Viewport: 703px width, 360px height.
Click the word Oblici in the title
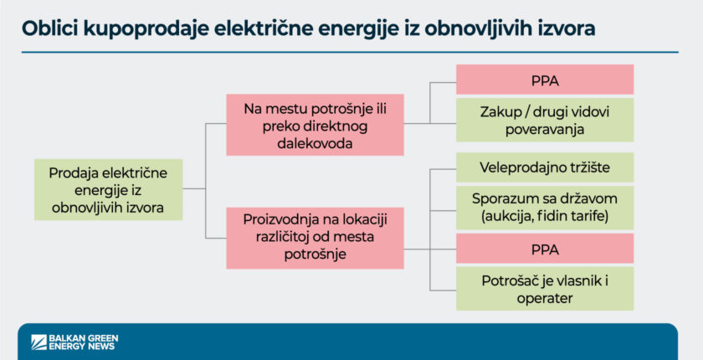pos(51,28)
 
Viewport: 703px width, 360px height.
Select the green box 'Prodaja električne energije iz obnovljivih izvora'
pos(108,189)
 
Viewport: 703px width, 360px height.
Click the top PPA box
pos(545,81)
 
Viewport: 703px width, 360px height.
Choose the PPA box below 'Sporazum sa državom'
pos(545,249)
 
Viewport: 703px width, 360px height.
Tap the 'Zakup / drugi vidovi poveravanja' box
pos(545,120)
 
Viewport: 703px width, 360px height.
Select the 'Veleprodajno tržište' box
pos(545,167)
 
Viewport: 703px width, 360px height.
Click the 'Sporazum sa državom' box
pos(545,208)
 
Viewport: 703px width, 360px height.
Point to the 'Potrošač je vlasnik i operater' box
pos(545,289)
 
